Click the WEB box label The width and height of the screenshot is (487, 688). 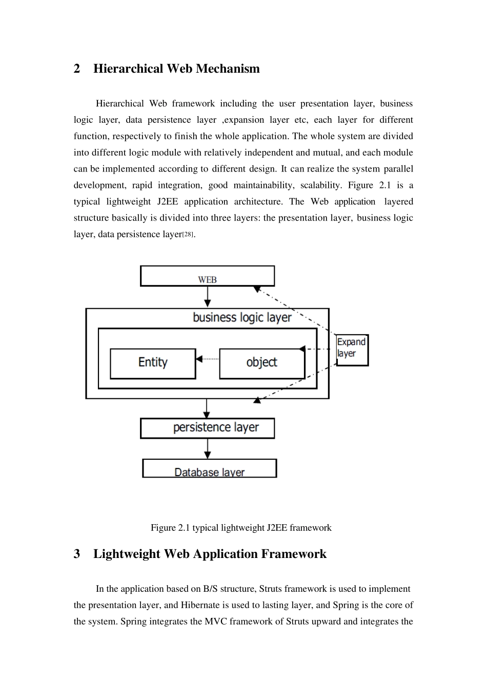[x=207, y=279]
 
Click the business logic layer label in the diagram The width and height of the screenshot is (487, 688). [x=242, y=317]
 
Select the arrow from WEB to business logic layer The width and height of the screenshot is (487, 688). [x=208, y=296]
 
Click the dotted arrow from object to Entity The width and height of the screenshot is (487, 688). [x=207, y=359]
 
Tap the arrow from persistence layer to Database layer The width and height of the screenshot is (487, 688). [x=208, y=448]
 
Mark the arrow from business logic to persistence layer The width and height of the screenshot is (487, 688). [x=207, y=408]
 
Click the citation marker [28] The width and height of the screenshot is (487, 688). [x=188, y=234]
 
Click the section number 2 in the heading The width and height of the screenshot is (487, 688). [x=76, y=69]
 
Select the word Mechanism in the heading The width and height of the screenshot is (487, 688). [x=228, y=69]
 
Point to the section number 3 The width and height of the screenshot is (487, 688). [x=76, y=554]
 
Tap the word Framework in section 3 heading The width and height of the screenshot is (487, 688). [x=294, y=554]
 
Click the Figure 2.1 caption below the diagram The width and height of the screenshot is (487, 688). [x=241, y=528]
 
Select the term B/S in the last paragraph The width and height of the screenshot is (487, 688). [x=210, y=589]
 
